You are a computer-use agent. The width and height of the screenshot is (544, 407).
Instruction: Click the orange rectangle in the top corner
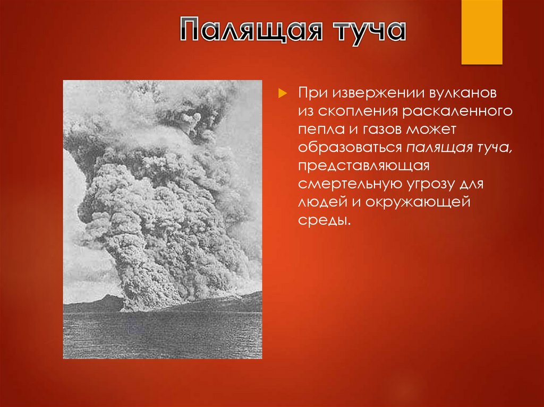(x=481, y=32)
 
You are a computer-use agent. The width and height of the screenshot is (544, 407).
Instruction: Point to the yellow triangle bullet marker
(x=282, y=93)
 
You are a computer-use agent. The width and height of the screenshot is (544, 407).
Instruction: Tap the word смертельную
(x=348, y=184)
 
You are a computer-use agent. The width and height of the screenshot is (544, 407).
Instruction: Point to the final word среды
(x=325, y=220)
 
